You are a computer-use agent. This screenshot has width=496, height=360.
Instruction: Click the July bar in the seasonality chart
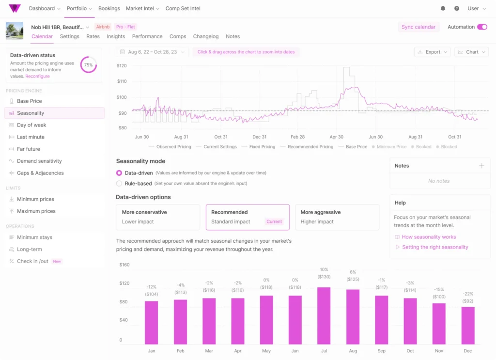coord(324,316)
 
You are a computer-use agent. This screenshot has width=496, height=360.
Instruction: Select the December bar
coord(467,326)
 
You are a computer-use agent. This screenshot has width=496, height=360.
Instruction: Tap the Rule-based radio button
coord(119,184)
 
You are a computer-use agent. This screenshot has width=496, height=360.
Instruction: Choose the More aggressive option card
coord(337,217)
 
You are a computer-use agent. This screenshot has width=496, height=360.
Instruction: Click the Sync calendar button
coord(418,27)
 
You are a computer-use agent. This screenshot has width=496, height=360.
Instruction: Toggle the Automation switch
coord(482,27)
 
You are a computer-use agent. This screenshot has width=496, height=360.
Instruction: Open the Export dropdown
coord(433,52)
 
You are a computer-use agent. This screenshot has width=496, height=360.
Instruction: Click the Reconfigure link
coord(37,76)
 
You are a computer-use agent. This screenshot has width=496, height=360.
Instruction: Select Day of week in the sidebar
coord(31,125)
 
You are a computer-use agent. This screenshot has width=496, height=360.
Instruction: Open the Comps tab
coord(178,36)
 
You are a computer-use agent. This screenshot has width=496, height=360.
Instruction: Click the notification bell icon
coord(443,9)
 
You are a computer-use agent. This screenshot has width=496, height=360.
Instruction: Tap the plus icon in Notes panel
coord(481,165)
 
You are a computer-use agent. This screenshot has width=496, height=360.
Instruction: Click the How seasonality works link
coord(429,237)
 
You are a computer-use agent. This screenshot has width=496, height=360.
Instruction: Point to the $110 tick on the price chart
coord(122,81)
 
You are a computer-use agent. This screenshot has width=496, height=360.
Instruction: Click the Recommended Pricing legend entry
coord(310,147)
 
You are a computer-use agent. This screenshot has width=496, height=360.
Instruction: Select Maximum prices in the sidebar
coord(36,211)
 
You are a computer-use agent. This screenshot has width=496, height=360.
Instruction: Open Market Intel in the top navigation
coord(142,9)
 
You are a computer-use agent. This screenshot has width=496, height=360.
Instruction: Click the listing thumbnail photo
coord(15,31)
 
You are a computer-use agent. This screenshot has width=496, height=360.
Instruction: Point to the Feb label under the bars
coord(180,351)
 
